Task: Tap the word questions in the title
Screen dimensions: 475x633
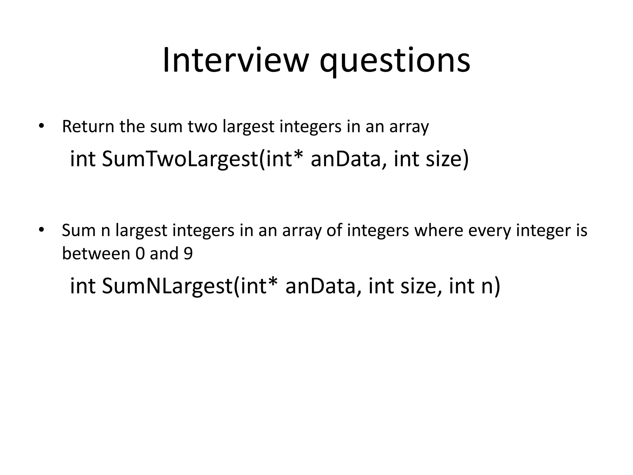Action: click(395, 62)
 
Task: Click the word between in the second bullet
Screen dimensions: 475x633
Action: click(96, 253)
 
